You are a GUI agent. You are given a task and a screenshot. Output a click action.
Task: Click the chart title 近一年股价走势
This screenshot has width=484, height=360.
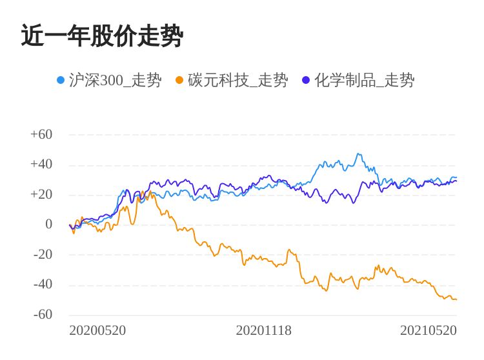102,36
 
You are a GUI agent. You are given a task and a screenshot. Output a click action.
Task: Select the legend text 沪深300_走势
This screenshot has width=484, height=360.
115,80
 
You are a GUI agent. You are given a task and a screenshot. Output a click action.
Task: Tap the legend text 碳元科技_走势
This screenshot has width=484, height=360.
237,80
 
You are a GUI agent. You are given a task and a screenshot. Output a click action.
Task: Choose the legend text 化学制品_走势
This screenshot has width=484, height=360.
364,80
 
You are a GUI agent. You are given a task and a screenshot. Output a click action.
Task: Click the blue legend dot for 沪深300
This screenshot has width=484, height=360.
61,80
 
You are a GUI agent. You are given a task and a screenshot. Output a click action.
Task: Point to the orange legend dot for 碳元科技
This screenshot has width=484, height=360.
179,80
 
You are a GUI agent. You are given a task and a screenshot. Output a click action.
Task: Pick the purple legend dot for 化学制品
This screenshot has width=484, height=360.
306,80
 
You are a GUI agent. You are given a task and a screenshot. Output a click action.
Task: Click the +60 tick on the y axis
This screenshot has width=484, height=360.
41,135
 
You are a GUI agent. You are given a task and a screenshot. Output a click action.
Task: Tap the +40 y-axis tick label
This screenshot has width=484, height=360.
41,165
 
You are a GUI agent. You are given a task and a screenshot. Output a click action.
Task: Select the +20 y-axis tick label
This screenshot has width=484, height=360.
41,195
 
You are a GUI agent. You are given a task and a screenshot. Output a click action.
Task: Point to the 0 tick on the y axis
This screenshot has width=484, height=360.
48,225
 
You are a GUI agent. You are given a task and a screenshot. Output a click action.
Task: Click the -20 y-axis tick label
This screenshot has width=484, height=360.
43,255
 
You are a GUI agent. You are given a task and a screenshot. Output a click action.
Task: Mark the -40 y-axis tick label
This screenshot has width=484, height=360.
43,285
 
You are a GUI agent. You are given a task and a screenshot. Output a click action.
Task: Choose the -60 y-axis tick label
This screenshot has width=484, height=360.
43,315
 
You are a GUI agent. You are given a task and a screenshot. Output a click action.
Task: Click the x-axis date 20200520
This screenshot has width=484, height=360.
97,331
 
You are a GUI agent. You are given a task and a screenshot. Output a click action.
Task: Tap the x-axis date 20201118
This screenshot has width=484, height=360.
263,331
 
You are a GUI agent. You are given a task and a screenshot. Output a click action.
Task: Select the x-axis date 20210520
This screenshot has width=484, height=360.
428,331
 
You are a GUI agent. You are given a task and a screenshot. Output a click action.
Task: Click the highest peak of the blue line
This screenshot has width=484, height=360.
358,154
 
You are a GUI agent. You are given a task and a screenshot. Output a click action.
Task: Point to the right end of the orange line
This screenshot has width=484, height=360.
456,299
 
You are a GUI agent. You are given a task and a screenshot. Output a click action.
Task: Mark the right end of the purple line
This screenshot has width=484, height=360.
456,181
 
